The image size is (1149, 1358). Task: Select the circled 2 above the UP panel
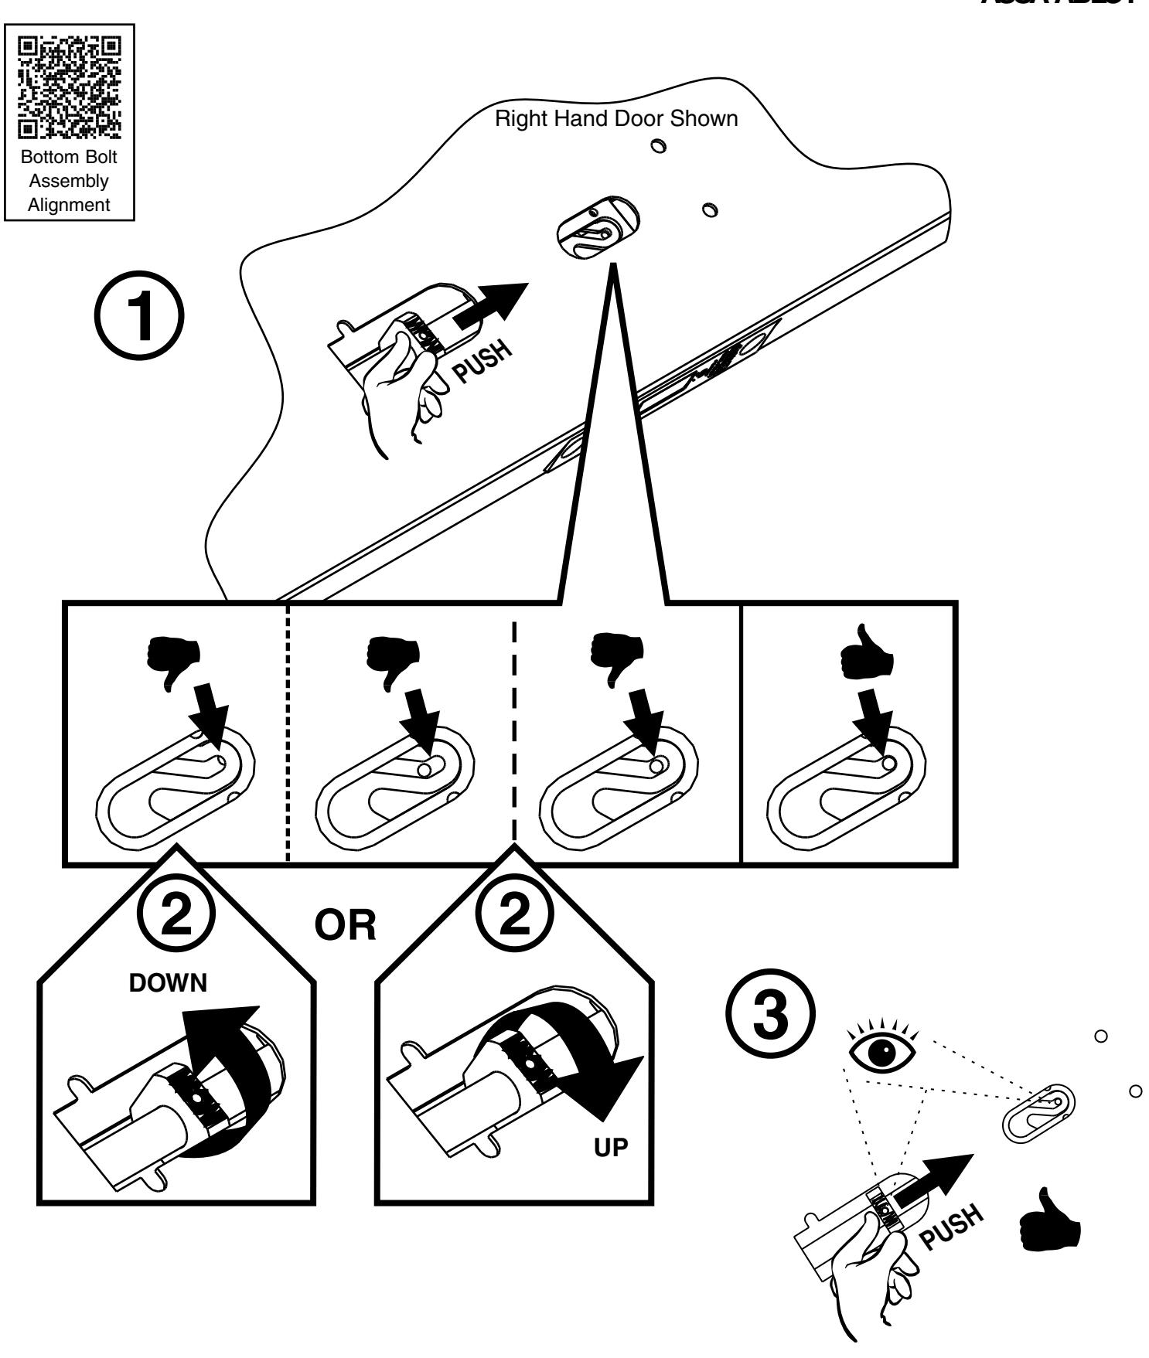tap(514, 924)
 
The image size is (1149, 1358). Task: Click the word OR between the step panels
tap(345, 924)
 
